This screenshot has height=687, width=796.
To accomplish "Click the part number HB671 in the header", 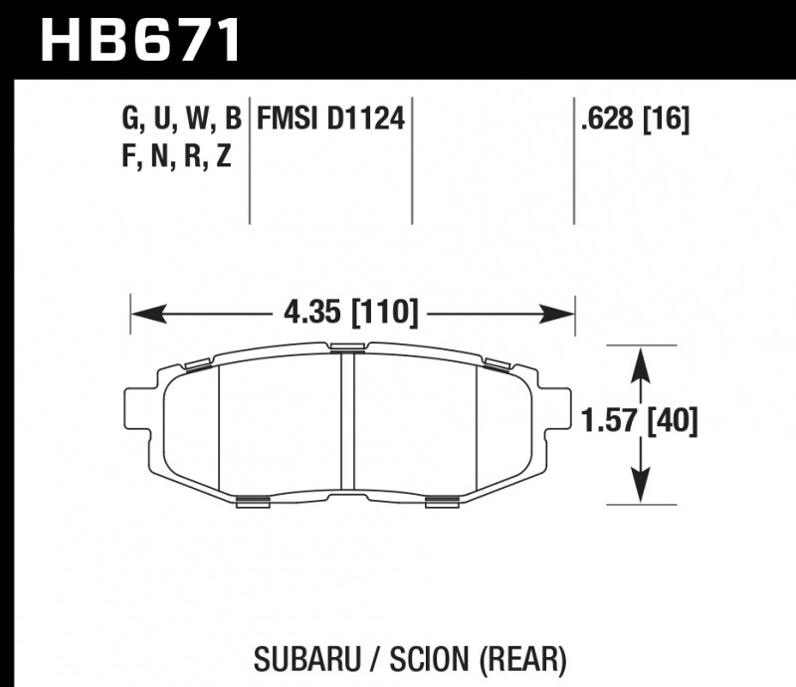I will click(x=139, y=39).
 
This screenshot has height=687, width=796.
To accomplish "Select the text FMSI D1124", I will click(x=330, y=121).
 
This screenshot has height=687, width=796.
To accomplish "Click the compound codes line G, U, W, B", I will click(x=181, y=121).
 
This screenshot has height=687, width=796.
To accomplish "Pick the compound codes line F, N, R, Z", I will click(x=176, y=156).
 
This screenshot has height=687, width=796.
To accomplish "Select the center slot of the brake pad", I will click(x=347, y=423).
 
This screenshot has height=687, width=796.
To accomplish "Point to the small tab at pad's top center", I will click(x=347, y=347).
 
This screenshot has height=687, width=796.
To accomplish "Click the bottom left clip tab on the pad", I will click(x=254, y=502).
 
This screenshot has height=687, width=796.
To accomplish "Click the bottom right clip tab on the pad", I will click(x=442, y=502).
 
